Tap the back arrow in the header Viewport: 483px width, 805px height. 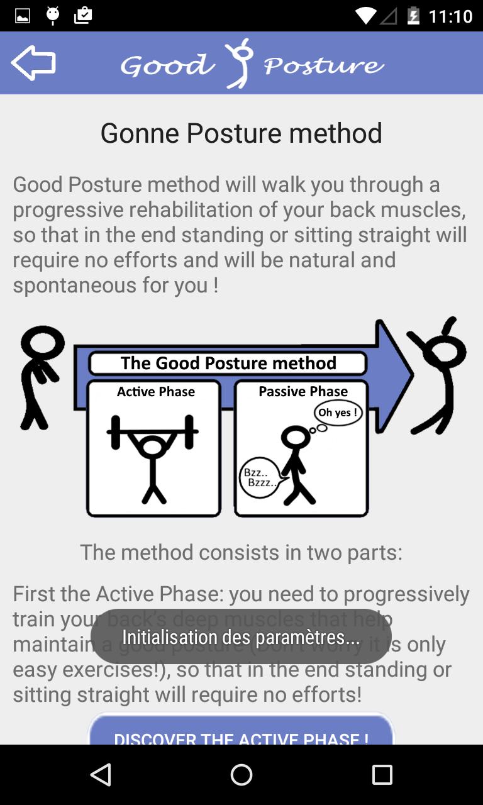(x=33, y=64)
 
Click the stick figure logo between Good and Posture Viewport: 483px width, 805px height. (x=240, y=63)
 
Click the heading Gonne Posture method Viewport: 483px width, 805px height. (x=241, y=133)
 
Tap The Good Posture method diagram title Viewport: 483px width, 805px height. (x=228, y=363)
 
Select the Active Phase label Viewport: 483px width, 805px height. (x=155, y=392)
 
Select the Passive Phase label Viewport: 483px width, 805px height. (x=303, y=392)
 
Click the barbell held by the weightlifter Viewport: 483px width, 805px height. (x=152, y=433)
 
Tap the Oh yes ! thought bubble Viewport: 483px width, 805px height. (x=338, y=413)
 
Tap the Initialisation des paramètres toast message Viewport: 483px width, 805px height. (x=241, y=637)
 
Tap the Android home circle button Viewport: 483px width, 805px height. (x=241, y=775)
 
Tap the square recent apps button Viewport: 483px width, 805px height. (x=382, y=775)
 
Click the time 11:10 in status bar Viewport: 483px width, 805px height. (x=450, y=16)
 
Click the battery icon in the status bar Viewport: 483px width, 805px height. (x=413, y=16)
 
